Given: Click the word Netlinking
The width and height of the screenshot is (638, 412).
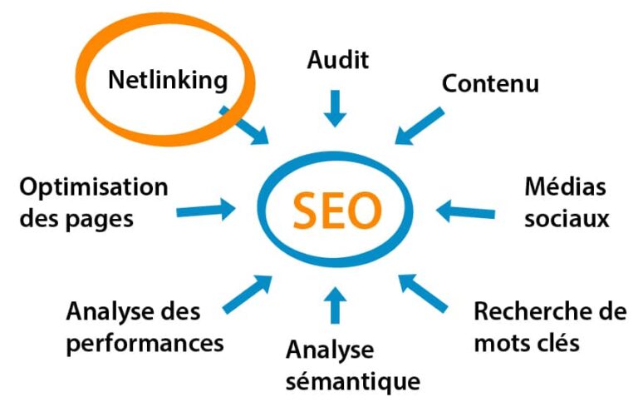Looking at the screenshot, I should click(168, 81).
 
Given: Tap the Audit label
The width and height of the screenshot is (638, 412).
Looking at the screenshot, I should click(337, 60).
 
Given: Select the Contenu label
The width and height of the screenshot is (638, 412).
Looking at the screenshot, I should click(490, 83).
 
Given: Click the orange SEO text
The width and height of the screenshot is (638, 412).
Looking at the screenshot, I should click(337, 211).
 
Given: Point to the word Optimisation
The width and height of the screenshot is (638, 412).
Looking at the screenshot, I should click(94, 187).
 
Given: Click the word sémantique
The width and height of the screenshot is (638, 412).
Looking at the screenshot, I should click(352, 381).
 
